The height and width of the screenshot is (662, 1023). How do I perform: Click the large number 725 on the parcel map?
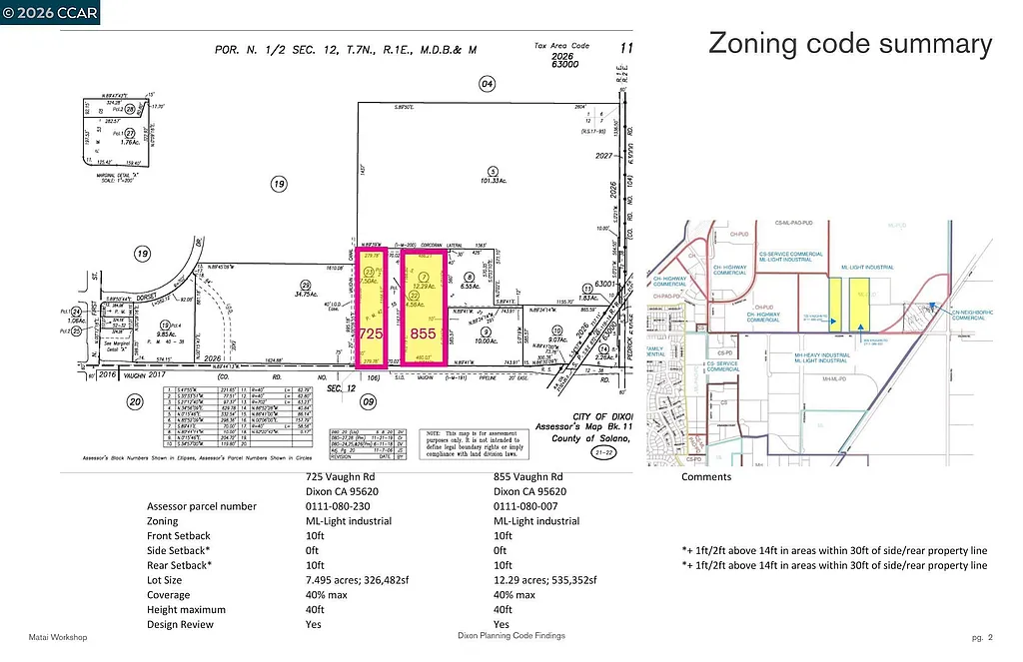(x=371, y=331)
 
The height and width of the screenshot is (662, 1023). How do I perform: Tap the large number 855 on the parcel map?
(x=423, y=331)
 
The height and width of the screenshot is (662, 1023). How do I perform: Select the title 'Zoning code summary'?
(x=850, y=44)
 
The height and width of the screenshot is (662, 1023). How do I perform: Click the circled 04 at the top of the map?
(x=487, y=84)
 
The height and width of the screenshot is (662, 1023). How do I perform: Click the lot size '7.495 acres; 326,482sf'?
(x=363, y=580)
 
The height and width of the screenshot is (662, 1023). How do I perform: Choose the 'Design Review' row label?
(x=181, y=624)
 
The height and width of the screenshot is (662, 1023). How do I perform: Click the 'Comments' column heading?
(x=706, y=477)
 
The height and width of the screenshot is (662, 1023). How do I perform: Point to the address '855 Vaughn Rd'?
(x=528, y=477)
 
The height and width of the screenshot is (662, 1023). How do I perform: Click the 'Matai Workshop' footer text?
(x=58, y=637)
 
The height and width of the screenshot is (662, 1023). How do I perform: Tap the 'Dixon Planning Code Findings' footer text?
(x=511, y=636)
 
